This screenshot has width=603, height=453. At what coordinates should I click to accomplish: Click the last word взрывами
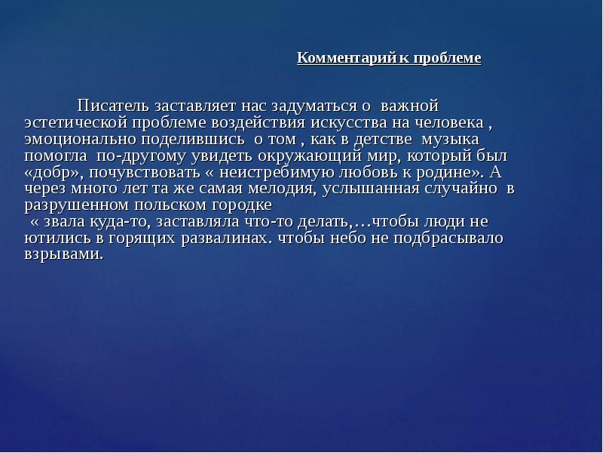pyautogui.click(x=63, y=254)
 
